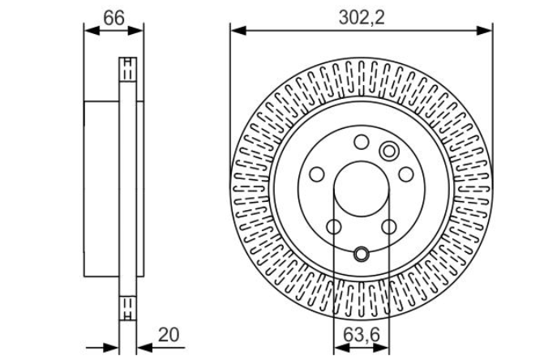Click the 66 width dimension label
114,18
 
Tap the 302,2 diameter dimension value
362,17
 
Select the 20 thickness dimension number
169,335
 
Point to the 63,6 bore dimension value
362,335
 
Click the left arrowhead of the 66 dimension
92,31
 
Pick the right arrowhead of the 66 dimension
135,31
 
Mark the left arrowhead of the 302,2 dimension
238,31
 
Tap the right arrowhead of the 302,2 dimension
484,31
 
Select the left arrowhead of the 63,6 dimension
341,348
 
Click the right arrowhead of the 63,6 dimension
381,348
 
